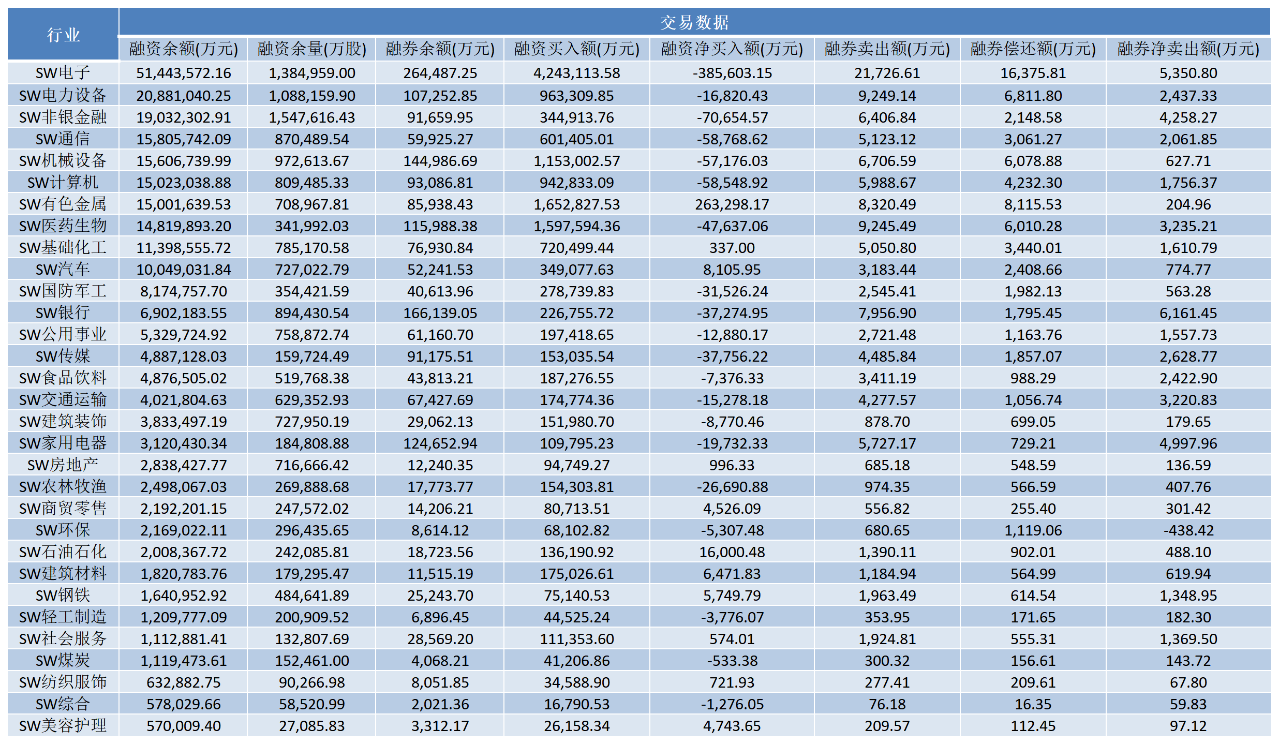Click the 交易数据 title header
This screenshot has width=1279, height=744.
click(694, 22)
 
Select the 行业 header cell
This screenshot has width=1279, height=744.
click(63, 35)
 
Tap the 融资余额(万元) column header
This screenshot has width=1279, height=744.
click(184, 49)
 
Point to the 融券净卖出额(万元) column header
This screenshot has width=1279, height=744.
click(1188, 49)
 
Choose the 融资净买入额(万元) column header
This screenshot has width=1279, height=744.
click(732, 49)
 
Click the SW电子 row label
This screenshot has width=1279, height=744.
click(63, 73)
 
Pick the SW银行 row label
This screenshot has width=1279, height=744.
click(63, 313)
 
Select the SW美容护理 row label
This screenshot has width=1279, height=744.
click(63, 726)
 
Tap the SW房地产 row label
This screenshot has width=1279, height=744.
click(63, 465)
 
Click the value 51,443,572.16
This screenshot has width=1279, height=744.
click(184, 73)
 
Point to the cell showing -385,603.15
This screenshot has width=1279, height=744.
click(732, 73)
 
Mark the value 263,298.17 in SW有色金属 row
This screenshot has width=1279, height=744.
click(732, 204)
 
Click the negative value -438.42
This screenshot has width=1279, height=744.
click(1188, 530)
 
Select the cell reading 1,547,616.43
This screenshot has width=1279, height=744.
click(312, 117)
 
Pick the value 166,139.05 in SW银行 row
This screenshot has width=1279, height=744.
click(440, 313)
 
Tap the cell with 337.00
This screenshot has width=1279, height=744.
click(732, 248)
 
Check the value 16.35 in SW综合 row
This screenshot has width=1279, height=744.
click(1033, 704)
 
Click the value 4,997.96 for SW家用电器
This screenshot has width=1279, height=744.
click(1188, 443)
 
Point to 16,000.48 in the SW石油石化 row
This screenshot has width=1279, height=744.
click(732, 552)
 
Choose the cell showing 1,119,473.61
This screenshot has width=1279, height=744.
click(184, 661)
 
